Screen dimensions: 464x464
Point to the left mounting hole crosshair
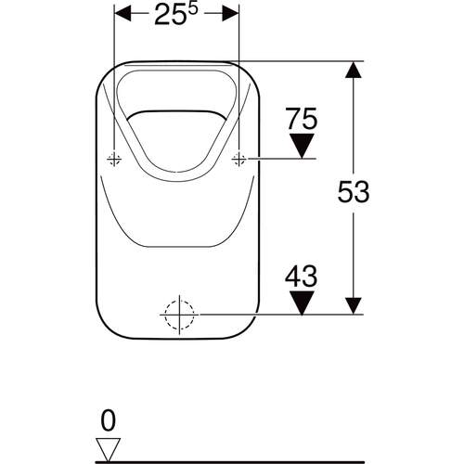[114, 159]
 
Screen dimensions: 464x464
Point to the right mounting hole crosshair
[238, 159]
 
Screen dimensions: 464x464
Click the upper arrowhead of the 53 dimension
[354, 71]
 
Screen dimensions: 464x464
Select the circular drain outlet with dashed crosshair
[176, 316]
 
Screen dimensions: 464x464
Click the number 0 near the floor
[109, 420]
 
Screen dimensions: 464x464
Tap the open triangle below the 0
[109, 446]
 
